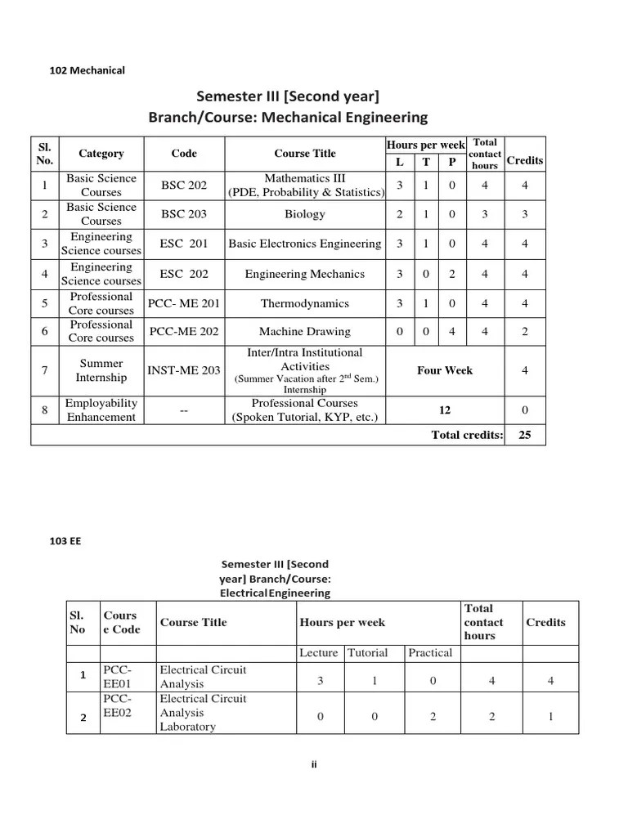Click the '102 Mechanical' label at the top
coord(87,70)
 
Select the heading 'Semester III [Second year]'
coord(287,97)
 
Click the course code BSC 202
coord(184,186)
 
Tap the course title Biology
coord(305,214)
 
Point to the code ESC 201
coord(184,244)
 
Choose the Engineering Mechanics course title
coord(305,274)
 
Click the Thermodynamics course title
coord(305,303)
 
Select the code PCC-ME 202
coord(184,332)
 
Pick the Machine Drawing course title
coord(305,332)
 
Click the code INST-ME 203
coord(184,370)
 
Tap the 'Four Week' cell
coord(445,370)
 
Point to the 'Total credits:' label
coord(467,435)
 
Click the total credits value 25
coord(525,435)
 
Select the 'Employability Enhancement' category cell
coord(101,410)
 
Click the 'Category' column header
coord(101,154)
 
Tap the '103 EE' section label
coord(66,540)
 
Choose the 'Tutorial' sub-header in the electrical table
coord(368,653)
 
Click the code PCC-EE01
coord(117,677)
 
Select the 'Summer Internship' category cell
coord(101,370)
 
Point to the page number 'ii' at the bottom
coord(314,764)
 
